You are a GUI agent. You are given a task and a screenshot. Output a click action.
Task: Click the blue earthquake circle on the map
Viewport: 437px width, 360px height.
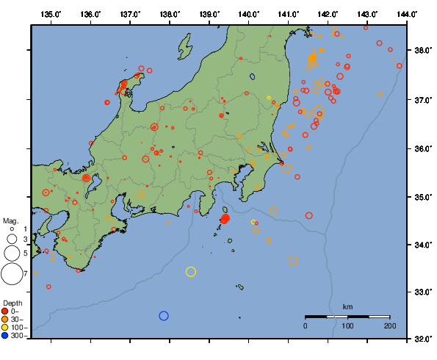click(x=164, y=316)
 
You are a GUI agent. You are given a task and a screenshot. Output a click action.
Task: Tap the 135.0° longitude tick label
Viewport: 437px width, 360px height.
click(x=51, y=15)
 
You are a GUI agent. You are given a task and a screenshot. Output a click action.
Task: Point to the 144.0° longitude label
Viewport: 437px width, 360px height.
click(x=406, y=15)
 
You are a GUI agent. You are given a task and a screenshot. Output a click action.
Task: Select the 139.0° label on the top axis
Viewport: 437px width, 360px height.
click(x=209, y=15)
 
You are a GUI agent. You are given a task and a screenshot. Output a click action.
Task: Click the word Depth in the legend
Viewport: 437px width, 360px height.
click(x=12, y=303)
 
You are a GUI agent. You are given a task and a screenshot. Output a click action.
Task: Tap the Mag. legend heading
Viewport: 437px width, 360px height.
click(x=10, y=220)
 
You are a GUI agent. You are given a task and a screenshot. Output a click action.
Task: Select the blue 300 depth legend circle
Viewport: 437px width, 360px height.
click(x=6, y=336)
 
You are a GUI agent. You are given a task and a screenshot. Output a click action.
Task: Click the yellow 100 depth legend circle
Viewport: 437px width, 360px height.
click(x=6, y=327)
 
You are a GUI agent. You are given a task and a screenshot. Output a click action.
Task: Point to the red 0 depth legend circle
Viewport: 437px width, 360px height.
click(x=6, y=311)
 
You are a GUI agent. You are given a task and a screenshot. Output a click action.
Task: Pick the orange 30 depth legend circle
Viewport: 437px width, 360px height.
click(x=6, y=319)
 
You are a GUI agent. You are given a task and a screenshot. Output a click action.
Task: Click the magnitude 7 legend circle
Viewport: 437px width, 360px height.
click(x=11, y=273)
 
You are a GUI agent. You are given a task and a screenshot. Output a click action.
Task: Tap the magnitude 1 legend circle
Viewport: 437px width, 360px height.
click(x=11, y=229)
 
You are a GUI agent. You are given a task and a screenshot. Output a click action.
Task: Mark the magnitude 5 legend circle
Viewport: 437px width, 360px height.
click(x=11, y=253)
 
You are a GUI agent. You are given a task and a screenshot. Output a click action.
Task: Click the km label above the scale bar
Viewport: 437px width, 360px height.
click(x=347, y=306)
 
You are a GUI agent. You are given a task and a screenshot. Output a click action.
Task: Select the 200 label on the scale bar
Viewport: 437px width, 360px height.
click(x=389, y=325)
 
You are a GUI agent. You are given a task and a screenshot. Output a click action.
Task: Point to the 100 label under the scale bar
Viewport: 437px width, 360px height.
click(x=347, y=325)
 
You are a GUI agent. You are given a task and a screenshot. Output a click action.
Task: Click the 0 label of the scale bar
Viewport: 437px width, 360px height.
click(x=306, y=325)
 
